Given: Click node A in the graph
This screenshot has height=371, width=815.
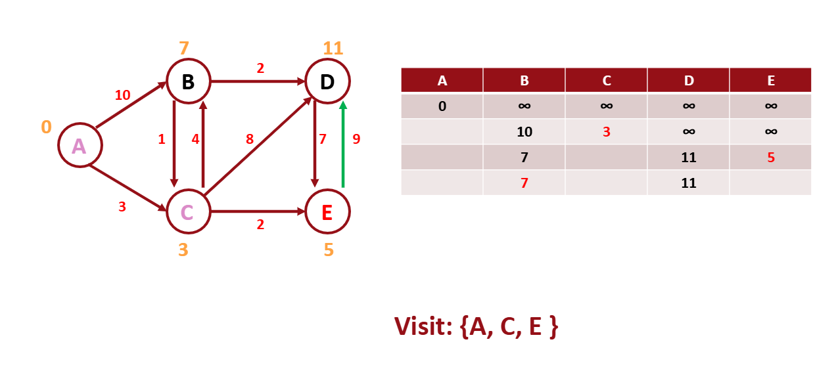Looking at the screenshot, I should click(x=80, y=146).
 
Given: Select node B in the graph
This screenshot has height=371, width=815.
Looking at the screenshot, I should click(x=188, y=81).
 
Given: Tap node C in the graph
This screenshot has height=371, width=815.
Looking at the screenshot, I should click(x=188, y=212).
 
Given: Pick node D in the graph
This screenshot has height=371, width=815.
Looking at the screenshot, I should click(x=327, y=81).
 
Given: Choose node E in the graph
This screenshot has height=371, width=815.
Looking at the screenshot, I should click(x=327, y=212).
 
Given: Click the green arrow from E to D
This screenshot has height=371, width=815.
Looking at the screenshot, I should click(x=342, y=144).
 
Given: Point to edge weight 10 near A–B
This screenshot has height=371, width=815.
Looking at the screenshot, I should click(x=123, y=95).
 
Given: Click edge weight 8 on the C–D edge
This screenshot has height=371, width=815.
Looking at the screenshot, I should click(x=250, y=139).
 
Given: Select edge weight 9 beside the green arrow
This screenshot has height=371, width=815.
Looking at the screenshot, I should click(x=356, y=139).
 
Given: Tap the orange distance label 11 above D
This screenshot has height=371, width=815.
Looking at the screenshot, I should click(x=333, y=48).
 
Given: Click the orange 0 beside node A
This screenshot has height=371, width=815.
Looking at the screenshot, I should click(x=46, y=127).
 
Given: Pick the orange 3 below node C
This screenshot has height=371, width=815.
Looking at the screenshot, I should click(x=183, y=250).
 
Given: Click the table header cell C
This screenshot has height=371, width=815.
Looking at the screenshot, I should click(x=606, y=80).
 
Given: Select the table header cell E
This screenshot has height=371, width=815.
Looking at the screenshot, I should click(x=770, y=80).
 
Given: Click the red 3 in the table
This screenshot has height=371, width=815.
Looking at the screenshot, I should click(x=606, y=132).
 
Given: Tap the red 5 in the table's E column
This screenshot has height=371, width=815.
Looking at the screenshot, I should click(x=770, y=158).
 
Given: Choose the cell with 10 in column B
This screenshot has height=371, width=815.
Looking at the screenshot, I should click(x=524, y=132).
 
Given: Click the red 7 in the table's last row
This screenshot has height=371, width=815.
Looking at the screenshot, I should click(x=524, y=183).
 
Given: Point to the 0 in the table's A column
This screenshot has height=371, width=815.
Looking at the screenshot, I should click(x=442, y=106).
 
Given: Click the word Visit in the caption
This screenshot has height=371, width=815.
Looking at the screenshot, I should click(x=423, y=326).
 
